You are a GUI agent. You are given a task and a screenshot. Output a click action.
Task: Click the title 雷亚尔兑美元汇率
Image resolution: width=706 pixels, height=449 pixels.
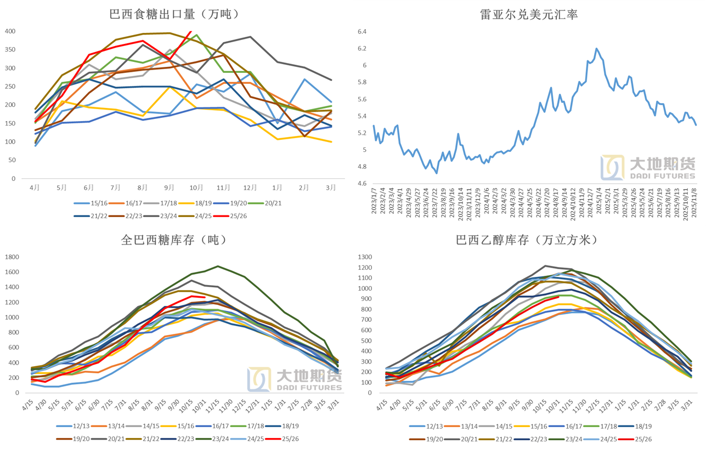529,14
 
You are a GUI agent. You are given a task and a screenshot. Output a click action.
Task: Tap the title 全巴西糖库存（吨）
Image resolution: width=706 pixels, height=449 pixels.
173,240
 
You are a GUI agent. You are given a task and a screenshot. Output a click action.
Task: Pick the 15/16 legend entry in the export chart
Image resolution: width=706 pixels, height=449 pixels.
94,202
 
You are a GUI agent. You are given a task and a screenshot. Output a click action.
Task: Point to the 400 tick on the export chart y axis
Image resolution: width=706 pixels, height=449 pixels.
10,31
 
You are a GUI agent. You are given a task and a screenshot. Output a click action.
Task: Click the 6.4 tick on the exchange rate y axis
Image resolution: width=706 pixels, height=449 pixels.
361,32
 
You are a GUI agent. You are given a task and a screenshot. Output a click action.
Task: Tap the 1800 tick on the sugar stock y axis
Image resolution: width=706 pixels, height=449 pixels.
12,257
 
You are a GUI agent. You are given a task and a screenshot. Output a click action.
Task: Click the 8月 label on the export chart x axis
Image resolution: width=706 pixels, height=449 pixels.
143,187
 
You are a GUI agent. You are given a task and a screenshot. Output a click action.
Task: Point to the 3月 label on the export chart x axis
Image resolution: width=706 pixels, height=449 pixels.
331,187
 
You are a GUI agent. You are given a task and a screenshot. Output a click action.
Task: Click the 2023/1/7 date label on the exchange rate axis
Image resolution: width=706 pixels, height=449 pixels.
375,203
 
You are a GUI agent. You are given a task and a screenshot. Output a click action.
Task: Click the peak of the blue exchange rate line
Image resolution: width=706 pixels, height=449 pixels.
596,49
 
